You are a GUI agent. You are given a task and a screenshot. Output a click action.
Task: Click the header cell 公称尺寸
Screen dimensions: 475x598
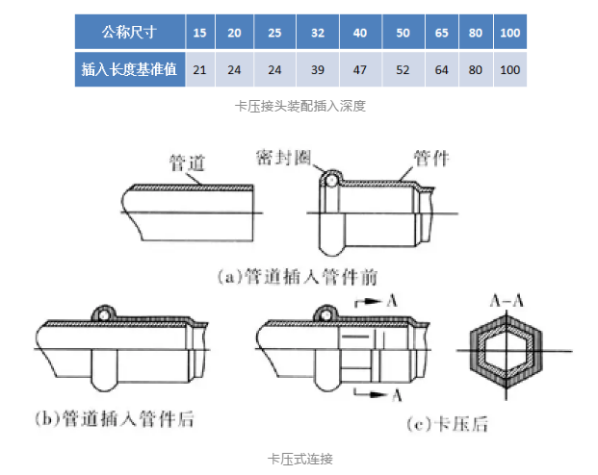tap(129, 33)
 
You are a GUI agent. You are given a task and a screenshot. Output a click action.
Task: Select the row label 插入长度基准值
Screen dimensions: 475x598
tap(129, 69)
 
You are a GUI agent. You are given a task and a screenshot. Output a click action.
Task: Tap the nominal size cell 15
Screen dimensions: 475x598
tap(199, 33)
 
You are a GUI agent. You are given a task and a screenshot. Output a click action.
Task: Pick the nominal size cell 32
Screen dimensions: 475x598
tap(318, 33)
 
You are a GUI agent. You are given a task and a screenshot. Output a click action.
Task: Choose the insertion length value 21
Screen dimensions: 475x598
tap(199, 69)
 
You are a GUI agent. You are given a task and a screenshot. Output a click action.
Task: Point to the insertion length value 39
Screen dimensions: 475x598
tap(318, 69)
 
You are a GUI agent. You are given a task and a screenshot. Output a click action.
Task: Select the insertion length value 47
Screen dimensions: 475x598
tap(359, 69)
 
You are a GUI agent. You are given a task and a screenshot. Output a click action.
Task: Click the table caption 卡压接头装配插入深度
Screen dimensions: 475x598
tap(300, 106)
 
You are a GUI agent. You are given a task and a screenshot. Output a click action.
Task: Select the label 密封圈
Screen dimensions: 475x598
tap(283, 156)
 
